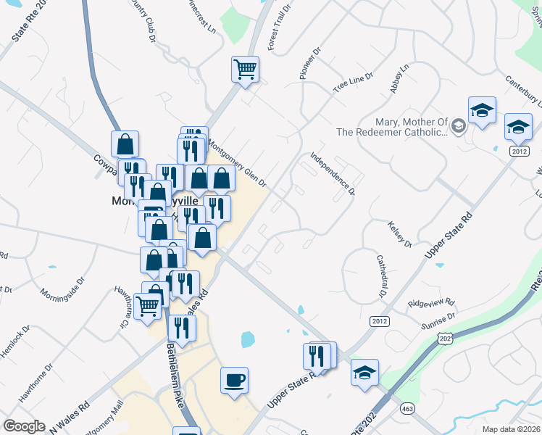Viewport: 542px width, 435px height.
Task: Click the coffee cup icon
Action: pyautogui.click(x=234, y=380)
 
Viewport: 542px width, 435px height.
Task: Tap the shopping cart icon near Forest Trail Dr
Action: pyautogui.click(x=245, y=70)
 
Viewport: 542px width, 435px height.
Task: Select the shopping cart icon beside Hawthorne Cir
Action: pyautogui.click(x=148, y=307)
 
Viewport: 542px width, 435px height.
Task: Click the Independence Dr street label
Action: pyautogui.click(x=332, y=173)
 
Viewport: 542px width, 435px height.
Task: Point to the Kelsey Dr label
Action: pyautogui.click(x=400, y=233)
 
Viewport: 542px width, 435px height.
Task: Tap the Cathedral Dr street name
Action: pyautogui.click(x=380, y=276)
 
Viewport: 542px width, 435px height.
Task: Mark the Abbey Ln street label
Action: pyautogui.click(x=399, y=78)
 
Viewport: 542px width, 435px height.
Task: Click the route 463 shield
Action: pyautogui.click(x=399, y=409)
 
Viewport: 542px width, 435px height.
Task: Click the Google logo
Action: pyautogui.click(x=25, y=426)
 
